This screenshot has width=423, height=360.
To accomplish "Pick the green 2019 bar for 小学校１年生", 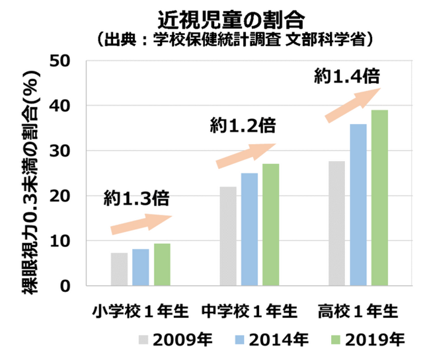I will pyautogui.click(x=163, y=265).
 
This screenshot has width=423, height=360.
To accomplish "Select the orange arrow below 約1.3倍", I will pyautogui.click(x=141, y=223).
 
